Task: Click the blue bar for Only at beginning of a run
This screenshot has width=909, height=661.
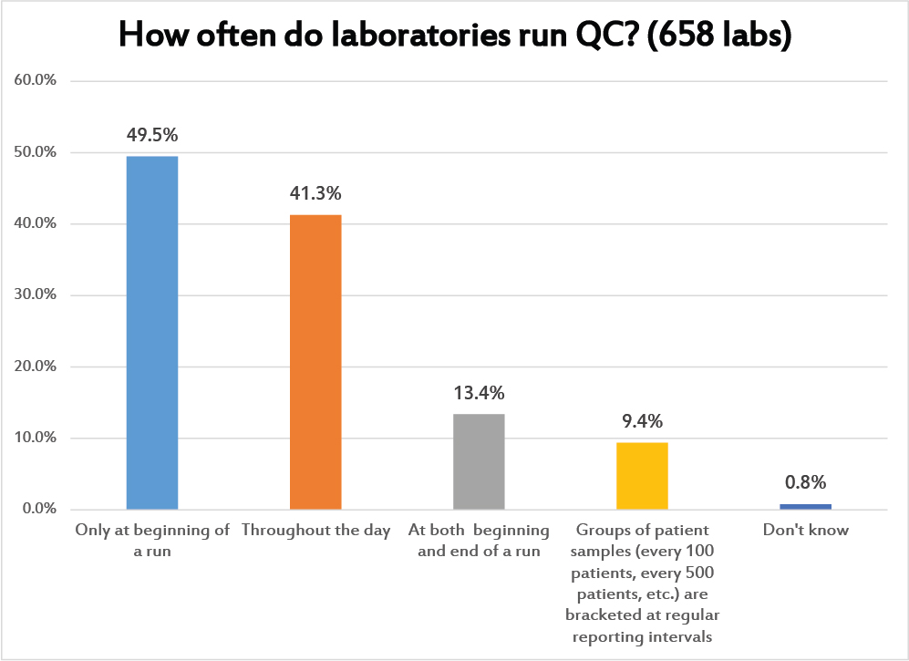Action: (151, 332)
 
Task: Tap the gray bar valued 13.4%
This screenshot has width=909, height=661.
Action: (479, 461)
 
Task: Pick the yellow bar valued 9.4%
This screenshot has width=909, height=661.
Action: (642, 475)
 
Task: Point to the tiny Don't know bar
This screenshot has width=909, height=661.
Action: (805, 506)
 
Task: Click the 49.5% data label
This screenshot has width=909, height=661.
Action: (151, 135)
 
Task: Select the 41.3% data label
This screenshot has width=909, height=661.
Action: (315, 193)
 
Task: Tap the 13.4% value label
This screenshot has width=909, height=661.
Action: (479, 393)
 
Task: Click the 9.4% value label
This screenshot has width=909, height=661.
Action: (642, 421)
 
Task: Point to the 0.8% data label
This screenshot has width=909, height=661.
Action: (805, 482)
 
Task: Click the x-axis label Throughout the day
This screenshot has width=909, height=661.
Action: (315, 531)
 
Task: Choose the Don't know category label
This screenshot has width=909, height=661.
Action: (805, 531)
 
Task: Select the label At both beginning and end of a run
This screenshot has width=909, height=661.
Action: (479, 541)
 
